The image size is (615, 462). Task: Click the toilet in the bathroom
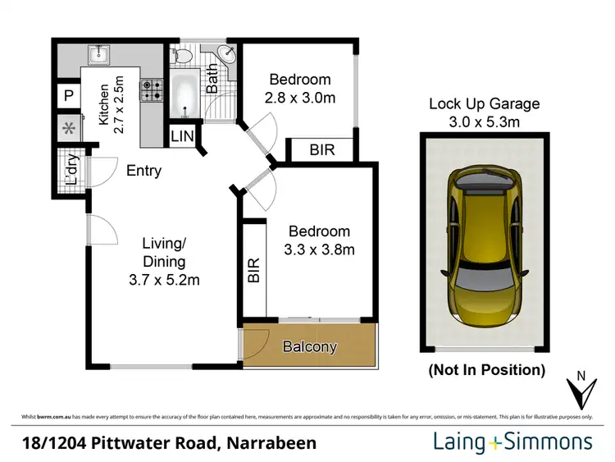[183, 57]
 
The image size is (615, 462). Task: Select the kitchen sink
[101, 55]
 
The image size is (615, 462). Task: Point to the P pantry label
[68, 96]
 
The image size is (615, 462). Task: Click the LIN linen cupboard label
[181, 136]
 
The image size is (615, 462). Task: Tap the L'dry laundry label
[71, 169]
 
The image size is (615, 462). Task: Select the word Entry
[143, 172]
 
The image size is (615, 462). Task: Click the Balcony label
[310, 347]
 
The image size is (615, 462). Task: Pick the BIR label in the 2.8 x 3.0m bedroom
[321, 150]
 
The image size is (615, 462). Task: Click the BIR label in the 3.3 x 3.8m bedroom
[253, 271]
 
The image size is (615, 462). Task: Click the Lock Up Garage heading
[485, 104]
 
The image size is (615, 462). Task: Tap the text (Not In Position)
[486, 370]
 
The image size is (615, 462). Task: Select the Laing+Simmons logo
[512, 442]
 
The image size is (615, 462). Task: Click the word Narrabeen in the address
[270, 444]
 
